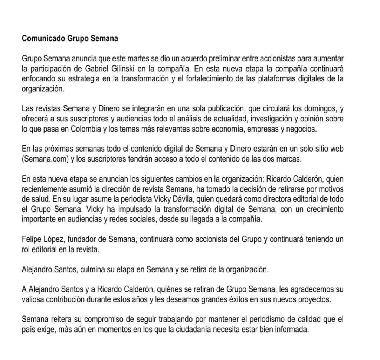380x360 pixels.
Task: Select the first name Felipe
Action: pyautogui.click(x=32, y=239)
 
